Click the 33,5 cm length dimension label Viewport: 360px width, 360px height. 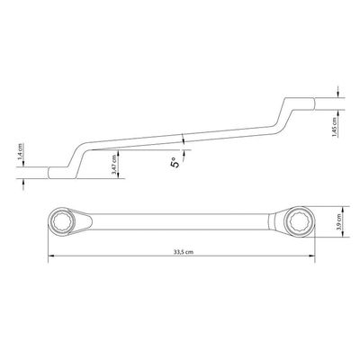(x=183, y=252)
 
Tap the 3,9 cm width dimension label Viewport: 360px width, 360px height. (x=339, y=221)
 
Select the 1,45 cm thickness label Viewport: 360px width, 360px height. (x=334, y=127)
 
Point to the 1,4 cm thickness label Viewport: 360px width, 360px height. (x=20, y=151)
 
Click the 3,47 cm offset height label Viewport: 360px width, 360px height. (x=114, y=164)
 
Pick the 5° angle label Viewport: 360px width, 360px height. (x=175, y=163)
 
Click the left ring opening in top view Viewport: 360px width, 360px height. (x=62, y=222)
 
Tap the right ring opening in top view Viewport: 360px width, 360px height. (x=300, y=222)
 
